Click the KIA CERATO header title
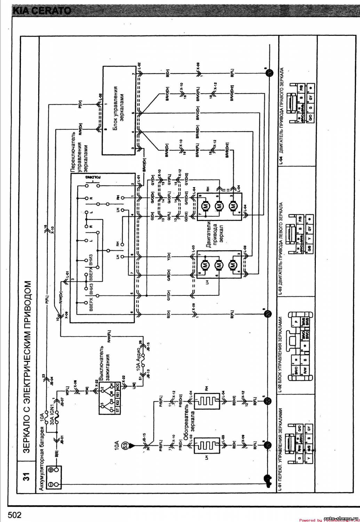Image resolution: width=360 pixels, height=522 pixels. [42, 10]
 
